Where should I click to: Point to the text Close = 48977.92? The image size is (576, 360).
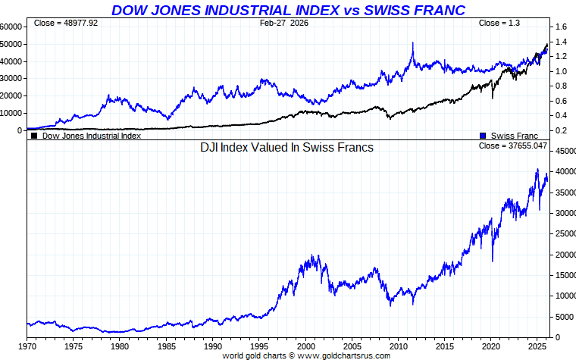(66, 23)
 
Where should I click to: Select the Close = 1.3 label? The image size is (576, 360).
(499, 23)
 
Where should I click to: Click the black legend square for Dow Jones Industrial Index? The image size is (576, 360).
(33, 136)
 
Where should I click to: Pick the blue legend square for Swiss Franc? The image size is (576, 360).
(483, 136)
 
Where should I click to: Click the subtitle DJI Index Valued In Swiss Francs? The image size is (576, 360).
(286, 148)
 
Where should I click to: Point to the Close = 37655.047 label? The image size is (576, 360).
(513, 145)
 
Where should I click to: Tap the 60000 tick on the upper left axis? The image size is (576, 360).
(12, 27)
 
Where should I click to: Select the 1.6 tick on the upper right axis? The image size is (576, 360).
(562, 27)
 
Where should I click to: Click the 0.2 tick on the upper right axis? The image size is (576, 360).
(562, 130)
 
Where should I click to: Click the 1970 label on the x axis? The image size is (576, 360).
(27, 346)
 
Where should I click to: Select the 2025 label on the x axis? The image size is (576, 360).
(537, 346)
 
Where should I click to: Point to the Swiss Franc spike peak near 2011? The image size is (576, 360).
(413, 43)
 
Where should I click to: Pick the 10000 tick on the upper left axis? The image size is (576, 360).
(12, 113)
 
